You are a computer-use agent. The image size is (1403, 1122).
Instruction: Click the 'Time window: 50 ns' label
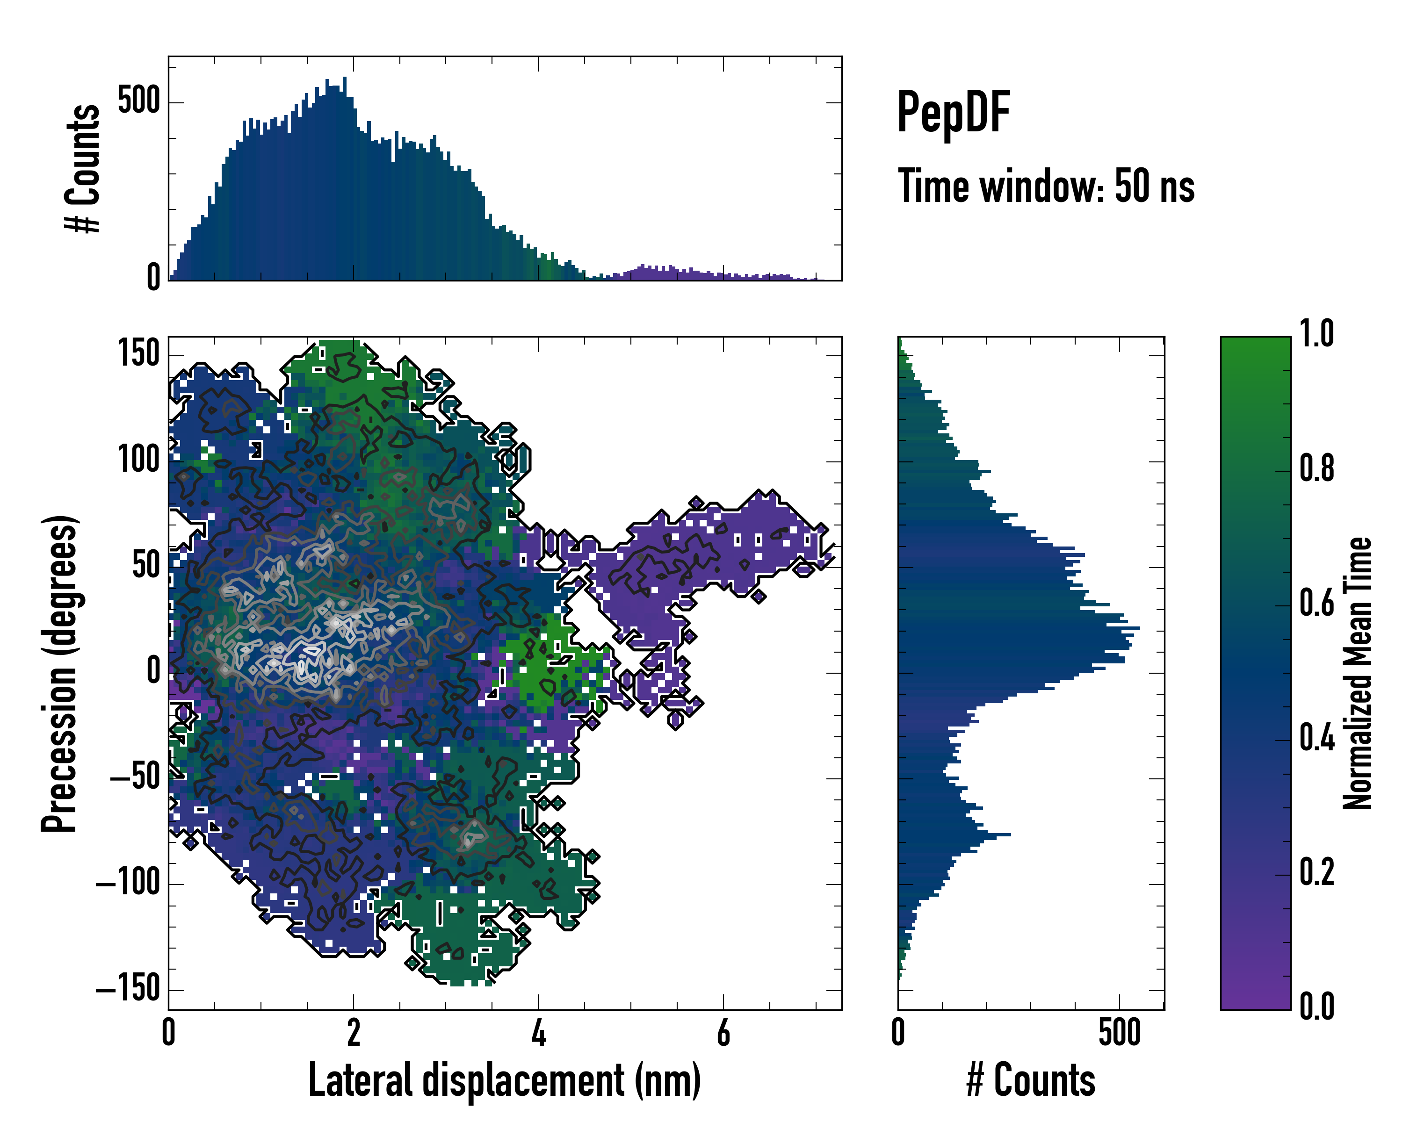click(x=1046, y=187)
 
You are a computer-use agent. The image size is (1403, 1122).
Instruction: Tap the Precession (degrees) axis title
click(x=60, y=673)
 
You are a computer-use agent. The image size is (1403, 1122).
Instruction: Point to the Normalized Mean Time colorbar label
click(x=1358, y=673)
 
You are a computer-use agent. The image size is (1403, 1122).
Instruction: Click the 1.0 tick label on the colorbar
click(x=1316, y=334)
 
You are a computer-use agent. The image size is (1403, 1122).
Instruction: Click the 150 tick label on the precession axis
click(x=138, y=354)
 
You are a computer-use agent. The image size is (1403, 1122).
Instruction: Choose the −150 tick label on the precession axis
click(x=128, y=989)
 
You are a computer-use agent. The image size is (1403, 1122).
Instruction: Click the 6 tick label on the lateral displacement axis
click(x=723, y=1033)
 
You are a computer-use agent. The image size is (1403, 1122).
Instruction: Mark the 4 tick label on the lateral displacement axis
click(x=538, y=1033)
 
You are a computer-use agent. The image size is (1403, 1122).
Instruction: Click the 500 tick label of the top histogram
click(x=138, y=101)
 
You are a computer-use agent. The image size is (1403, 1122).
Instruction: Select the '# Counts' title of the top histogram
click(x=83, y=168)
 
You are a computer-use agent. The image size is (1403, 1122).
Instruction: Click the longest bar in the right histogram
click(x=1019, y=628)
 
